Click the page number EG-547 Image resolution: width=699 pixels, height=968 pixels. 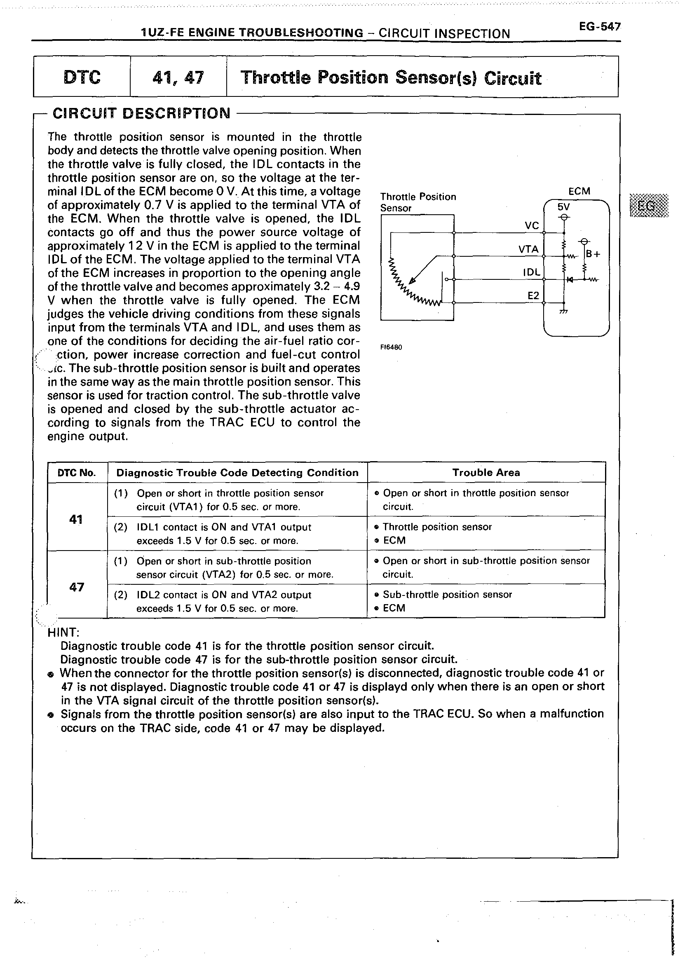[x=600, y=26]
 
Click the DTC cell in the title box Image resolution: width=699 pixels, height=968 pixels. [x=82, y=77]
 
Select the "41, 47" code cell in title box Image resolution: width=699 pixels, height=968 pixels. [x=178, y=77]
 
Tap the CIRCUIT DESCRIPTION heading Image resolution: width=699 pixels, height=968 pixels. [x=141, y=113]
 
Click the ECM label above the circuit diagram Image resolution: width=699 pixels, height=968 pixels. [x=579, y=191]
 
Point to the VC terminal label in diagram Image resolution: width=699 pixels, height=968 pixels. [x=532, y=226]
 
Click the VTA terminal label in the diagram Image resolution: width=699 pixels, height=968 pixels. [x=528, y=249]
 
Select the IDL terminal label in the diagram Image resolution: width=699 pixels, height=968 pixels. [x=532, y=272]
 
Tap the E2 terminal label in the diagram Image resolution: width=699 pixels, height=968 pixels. [x=533, y=295]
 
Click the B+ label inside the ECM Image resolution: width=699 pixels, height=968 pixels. [x=593, y=254]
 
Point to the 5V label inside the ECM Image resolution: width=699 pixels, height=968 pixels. [x=563, y=207]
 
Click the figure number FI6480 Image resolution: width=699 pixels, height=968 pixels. [x=391, y=347]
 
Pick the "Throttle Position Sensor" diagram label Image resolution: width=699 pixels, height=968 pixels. [x=418, y=202]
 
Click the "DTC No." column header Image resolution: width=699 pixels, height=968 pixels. [x=77, y=473]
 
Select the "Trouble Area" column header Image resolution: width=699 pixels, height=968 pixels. [x=486, y=473]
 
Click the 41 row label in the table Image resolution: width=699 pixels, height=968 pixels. [x=75, y=519]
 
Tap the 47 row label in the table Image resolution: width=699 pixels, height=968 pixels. [x=76, y=587]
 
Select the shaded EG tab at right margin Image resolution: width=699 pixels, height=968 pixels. [x=649, y=205]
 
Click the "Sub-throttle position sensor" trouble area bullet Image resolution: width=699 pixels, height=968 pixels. [x=447, y=595]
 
